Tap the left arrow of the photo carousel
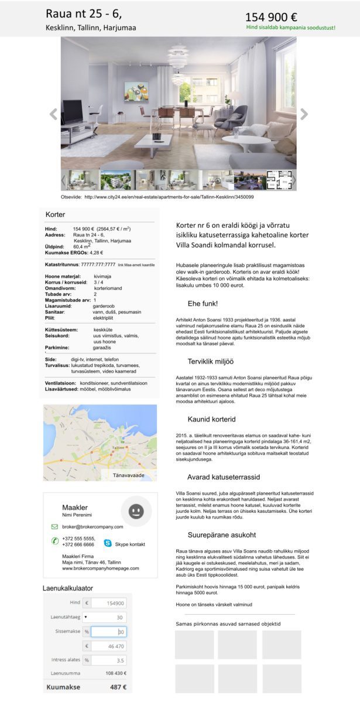click(53, 114)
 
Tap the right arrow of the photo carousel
click(304, 114)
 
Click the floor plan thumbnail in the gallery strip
click(279, 180)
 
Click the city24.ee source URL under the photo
click(169, 197)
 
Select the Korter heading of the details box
click(56, 215)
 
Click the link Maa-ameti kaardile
click(136, 265)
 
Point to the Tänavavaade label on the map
click(128, 475)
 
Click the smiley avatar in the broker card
click(136, 512)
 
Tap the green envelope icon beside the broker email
click(54, 527)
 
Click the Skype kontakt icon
click(108, 543)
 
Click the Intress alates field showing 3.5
click(108, 660)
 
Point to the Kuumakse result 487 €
click(118, 687)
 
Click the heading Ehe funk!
click(203, 303)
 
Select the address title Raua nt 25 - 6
click(84, 15)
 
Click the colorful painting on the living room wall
click(136, 91)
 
